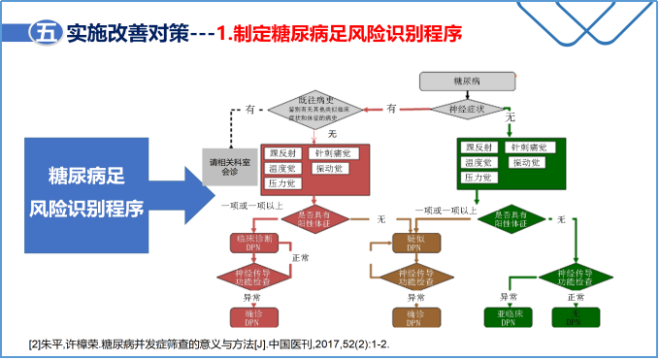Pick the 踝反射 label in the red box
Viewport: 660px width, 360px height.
click(x=283, y=153)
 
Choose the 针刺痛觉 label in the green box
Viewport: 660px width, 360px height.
click(x=530, y=147)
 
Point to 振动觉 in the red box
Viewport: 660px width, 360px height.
click(x=328, y=168)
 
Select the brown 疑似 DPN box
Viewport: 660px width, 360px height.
click(x=415, y=243)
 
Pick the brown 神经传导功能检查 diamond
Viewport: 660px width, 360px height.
click(x=415, y=278)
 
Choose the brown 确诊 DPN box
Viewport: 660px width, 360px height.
click(x=415, y=317)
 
